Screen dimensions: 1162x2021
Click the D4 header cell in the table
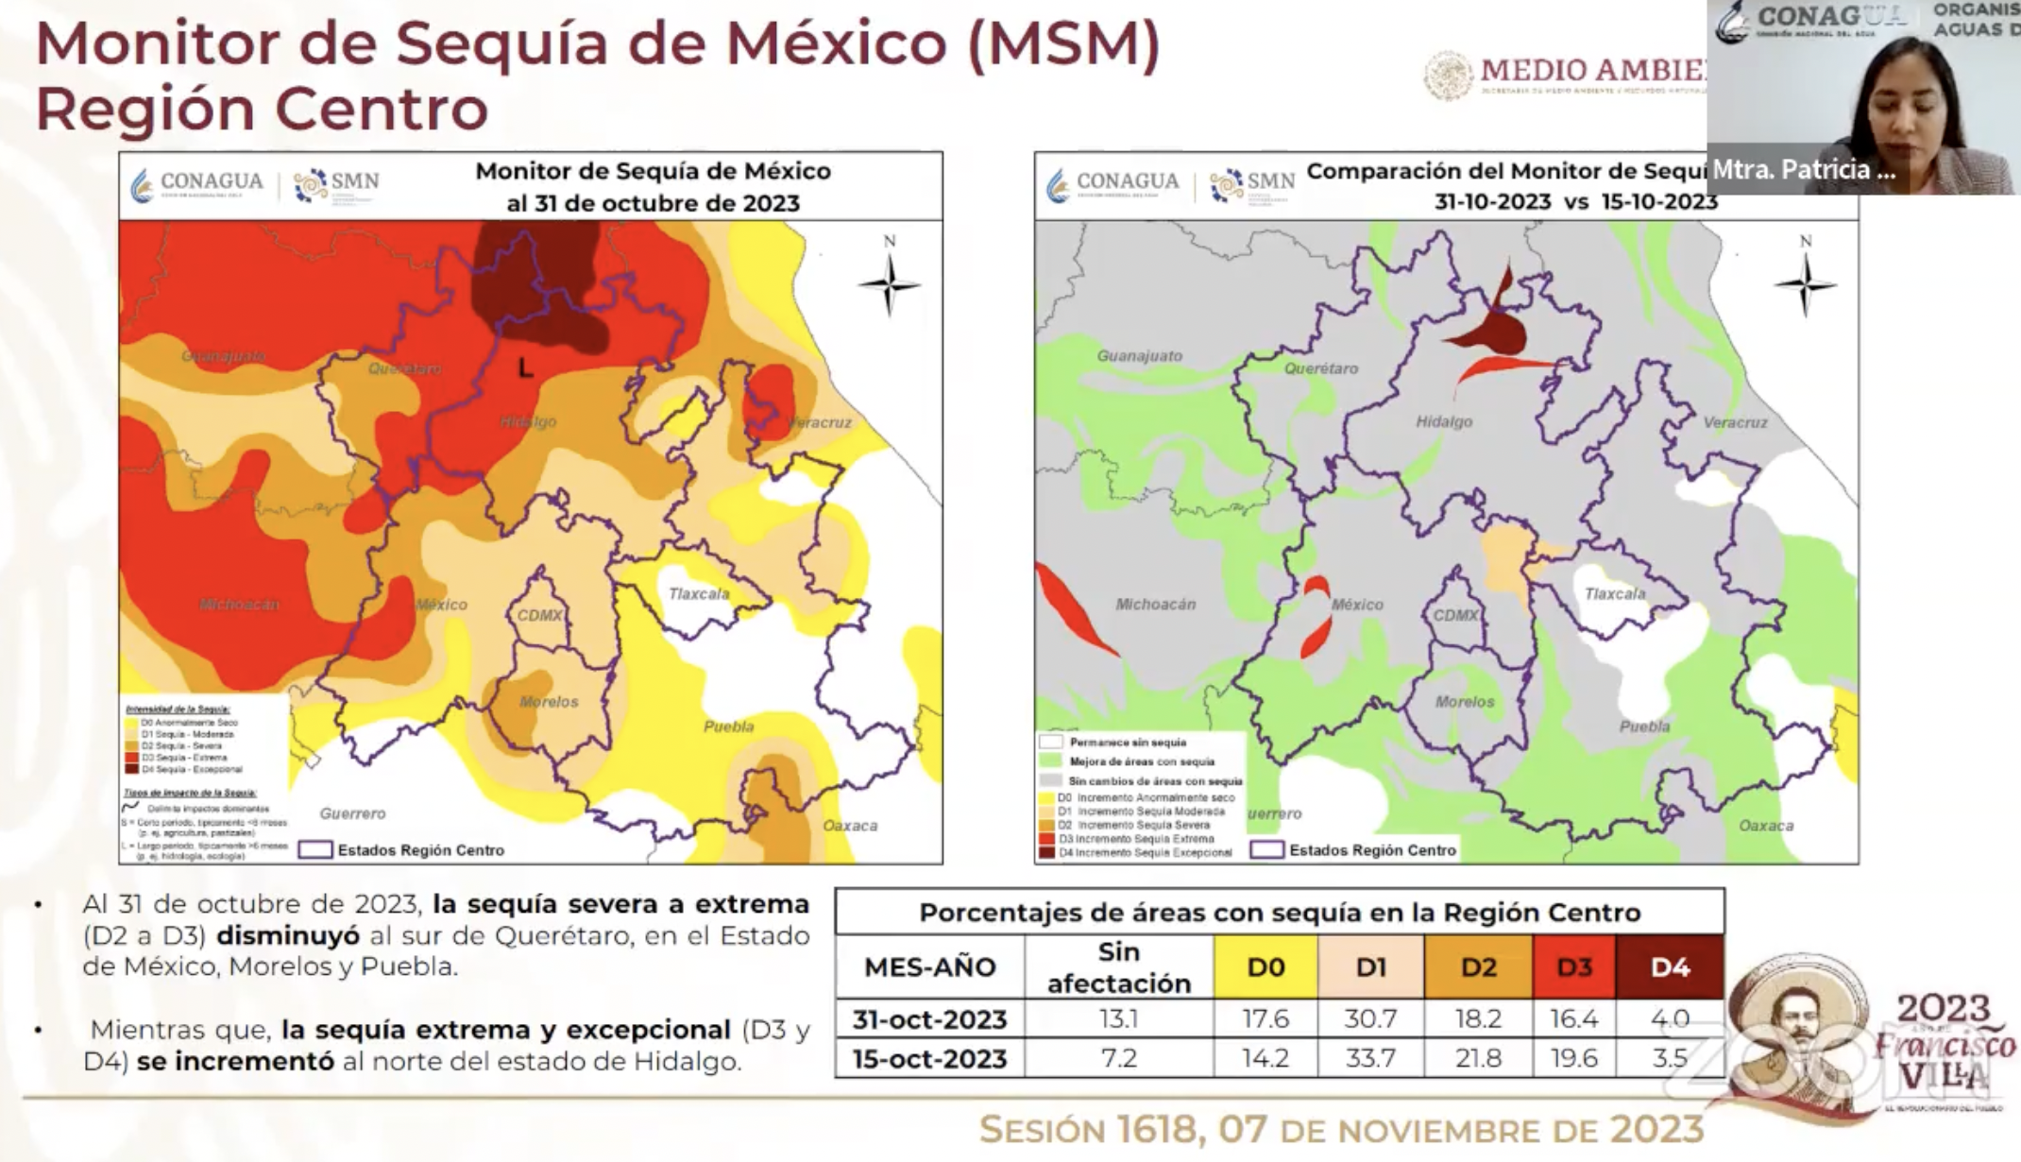click(x=1670, y=967)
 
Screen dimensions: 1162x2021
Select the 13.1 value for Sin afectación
click(x=1118, y=1019)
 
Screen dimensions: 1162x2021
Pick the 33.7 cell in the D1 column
click(x=1370, y=1058)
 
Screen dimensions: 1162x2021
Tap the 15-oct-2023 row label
click(x=929, y=1058)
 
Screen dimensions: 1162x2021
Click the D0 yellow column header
click(x=1265, y=967)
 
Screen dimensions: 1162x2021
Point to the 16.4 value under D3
click(x=1573, y=1019)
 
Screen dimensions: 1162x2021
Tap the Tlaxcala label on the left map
click(x=699, y=594)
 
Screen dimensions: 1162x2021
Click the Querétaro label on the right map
click(x=1320, y=369)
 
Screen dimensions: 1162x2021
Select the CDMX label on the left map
click(x=539, y=615)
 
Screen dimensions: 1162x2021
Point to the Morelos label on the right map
click(x=1465, y=702)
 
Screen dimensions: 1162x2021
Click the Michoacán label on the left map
click(x=239, y=605)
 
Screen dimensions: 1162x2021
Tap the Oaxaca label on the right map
click(x=1766, y=826)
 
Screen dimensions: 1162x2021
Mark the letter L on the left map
click(x=525, y=367)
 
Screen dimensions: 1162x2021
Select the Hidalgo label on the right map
click(x=1443, y=422)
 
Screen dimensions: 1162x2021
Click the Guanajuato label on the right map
click(x=1139, y=356)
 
